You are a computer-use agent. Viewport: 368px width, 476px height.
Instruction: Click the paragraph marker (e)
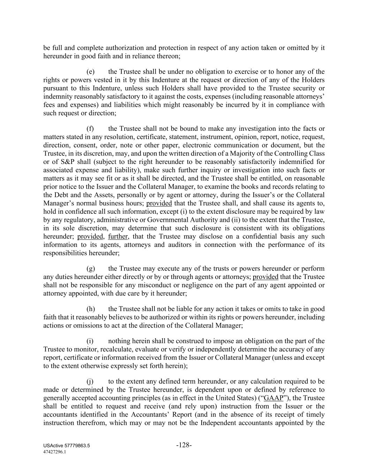click(x=91, y=72)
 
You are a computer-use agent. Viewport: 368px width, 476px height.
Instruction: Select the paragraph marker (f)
click(x=90, y=129)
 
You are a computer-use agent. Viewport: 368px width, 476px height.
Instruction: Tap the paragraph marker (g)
click(x=91, y=269)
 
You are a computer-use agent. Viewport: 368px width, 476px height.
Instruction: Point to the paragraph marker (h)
click(x=91, y=309)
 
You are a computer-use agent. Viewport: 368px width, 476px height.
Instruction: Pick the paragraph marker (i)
click(x=90, y=341)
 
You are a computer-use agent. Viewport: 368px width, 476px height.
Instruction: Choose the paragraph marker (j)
click(x=90, y=382)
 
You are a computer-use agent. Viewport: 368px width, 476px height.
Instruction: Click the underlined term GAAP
click(x=273, y=398)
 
